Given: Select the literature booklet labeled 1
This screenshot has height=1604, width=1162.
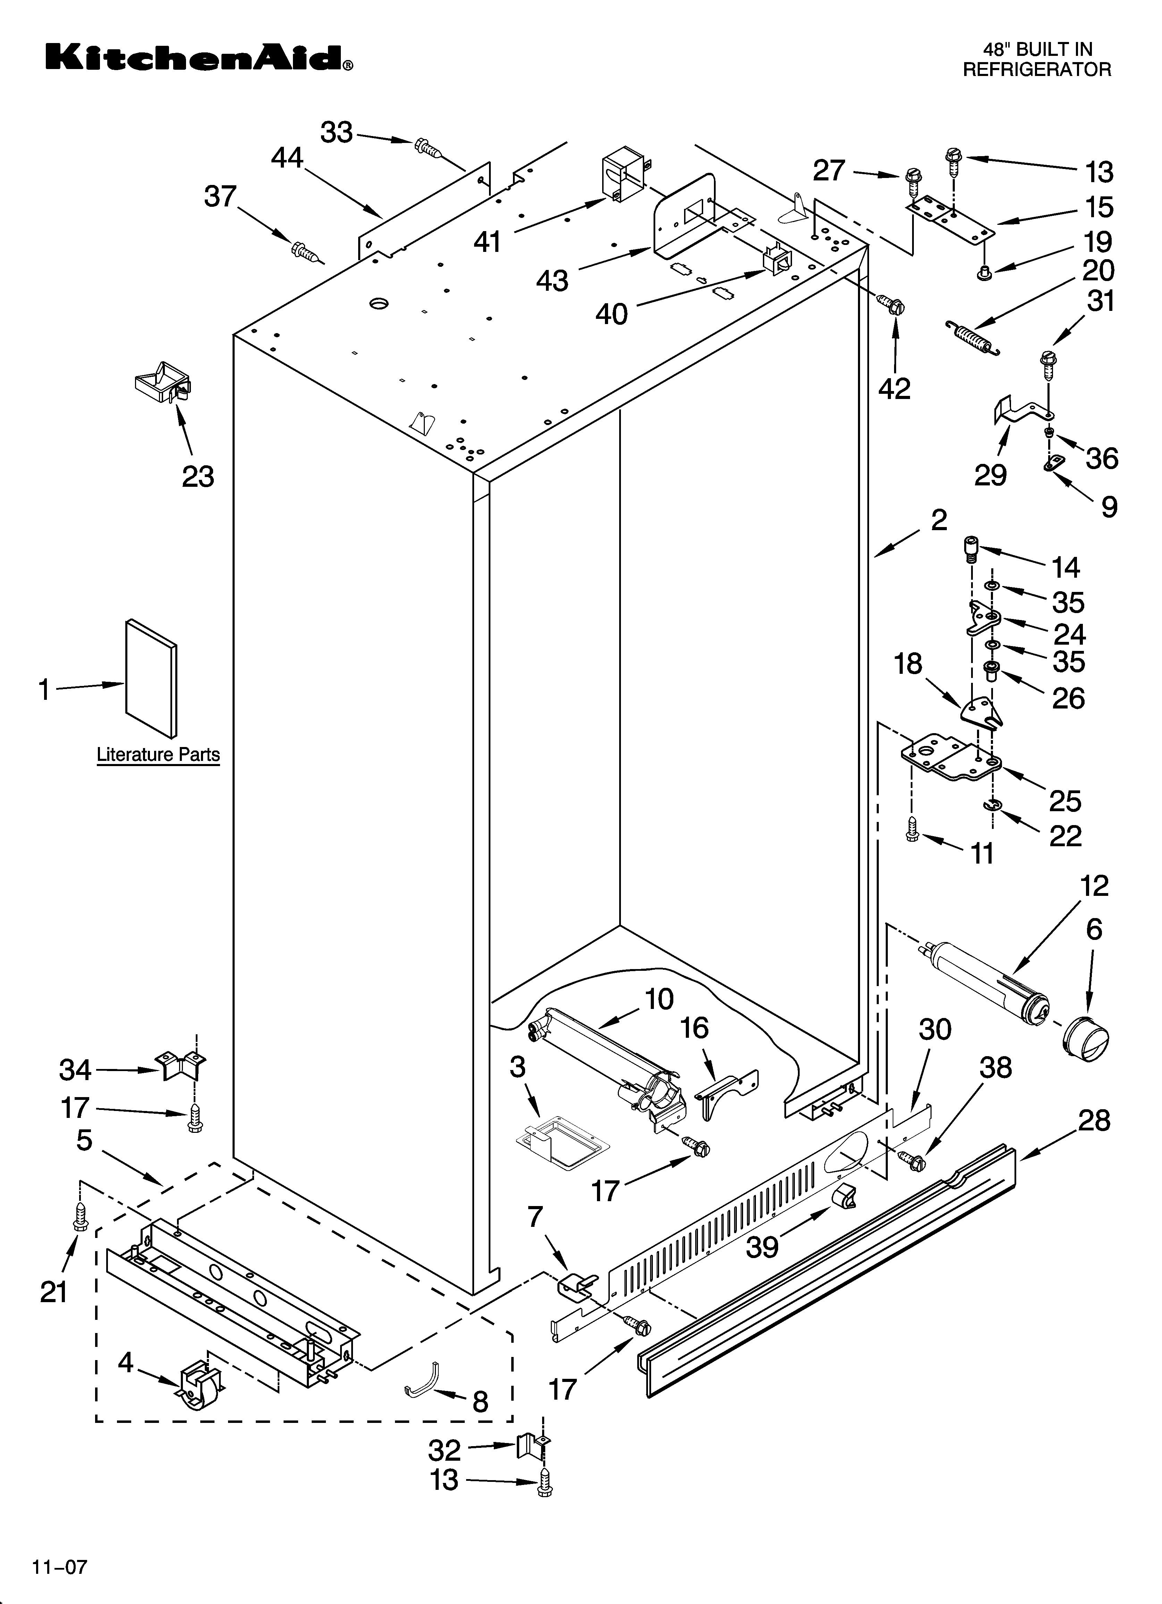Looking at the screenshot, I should pyautogui.click(x=151, y=679).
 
